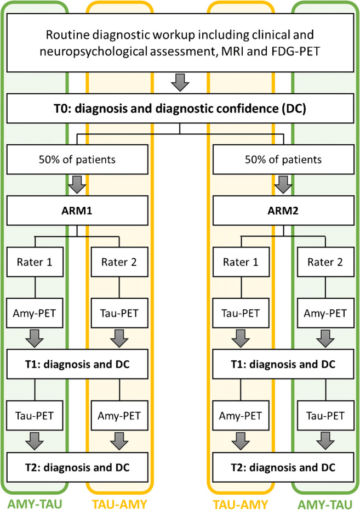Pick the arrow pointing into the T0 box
click(x=180, y=83)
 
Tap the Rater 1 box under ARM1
click(x=35, y=262)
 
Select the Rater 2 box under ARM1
click(x=118, y=262)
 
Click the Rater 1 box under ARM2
click(x=242, y=262)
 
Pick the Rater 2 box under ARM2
click(x=325, y=262)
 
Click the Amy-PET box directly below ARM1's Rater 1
click(x=35, y=313)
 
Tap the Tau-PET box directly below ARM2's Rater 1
click(x=242, y=313)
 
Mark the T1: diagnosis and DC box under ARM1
click(x=77, y=363)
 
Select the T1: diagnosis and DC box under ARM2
click(x=283, y=363)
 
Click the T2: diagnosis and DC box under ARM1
click(x=77, y=467)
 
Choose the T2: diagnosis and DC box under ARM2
click(x=283, y=467)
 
